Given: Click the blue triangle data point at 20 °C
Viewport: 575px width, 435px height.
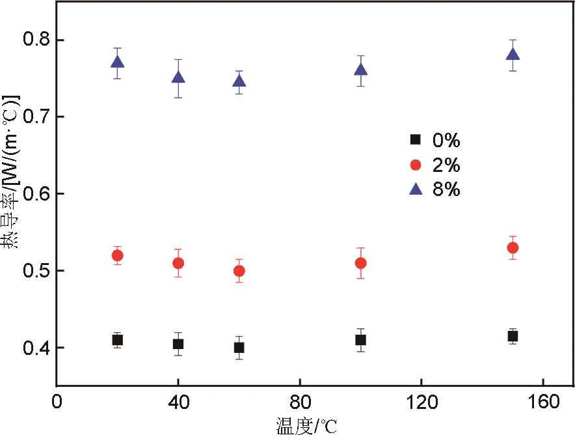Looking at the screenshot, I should (117, 63).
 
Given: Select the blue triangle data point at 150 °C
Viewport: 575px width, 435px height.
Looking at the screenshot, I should (513, 55).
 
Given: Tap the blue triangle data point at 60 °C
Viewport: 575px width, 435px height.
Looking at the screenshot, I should (239, 81).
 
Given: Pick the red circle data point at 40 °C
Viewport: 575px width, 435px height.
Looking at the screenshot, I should (178, 263).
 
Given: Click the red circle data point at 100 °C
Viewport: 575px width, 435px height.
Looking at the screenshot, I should (360, 263).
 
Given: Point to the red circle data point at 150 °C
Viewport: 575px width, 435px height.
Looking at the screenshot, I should (513, 247).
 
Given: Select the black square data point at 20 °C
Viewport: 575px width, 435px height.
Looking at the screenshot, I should (117, 340).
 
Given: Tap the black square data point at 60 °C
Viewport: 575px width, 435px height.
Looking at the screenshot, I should (239, 348).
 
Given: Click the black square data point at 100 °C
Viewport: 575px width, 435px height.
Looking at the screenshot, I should (360, 340).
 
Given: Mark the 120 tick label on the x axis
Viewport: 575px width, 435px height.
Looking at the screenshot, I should (421, 402).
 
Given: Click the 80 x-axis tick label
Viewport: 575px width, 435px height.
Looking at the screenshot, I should (300, 402).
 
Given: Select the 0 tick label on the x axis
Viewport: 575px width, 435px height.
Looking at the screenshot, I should (57, 402).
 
